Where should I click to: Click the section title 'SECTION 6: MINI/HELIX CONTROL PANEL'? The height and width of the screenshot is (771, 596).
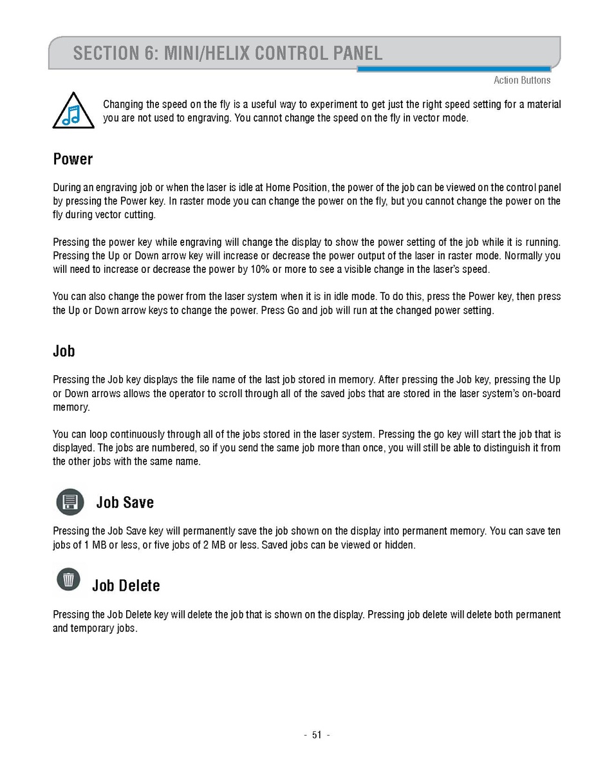pos(227,52)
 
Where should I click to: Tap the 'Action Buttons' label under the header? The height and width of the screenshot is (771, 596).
pos(521,80)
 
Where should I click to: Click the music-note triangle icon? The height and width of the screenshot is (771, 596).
pos(73,111)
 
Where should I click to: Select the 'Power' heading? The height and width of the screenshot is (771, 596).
pos(73,159)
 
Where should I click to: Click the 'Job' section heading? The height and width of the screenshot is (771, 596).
pos(64,351)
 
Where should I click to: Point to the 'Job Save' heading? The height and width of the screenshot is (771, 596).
pos(125,502)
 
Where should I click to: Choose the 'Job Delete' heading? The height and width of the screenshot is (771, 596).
pos(126,585)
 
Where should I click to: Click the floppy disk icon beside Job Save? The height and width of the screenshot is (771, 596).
pos(70,502)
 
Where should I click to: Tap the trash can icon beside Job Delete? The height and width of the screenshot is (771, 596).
pos(69,580)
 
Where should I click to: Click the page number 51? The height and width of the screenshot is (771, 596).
pos(316,735)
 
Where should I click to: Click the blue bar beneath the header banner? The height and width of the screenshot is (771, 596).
pos(454,69)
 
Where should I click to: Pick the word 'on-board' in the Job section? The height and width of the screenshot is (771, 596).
pos(540,393)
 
